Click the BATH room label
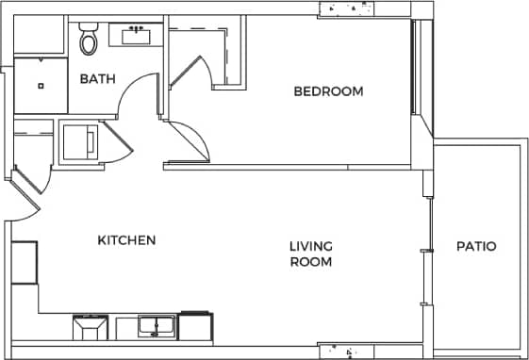[x=97, y=79]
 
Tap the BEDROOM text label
[x=328, y=91]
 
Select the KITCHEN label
[x=126, y=240]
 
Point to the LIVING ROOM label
[x=310, y=254]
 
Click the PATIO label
[x=476, y=247]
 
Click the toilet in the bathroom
[x=90, y=41]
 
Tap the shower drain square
[x=41, y=86]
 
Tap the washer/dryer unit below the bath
[x=79, y=141]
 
